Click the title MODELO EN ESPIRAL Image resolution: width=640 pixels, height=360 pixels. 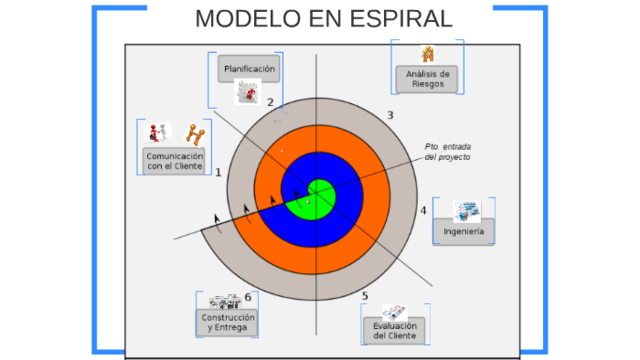tap(323, 19)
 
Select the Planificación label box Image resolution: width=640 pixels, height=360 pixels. tap(249, 68)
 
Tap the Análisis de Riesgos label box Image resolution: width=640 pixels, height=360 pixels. tap(427, 79)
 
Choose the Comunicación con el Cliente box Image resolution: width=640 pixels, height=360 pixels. tap(174, 162)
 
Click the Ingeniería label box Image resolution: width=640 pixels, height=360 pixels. tap(463, 232)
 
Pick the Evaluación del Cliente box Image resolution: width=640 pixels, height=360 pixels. tap(393, 330)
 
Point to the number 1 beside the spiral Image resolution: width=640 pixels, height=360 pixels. tap(218, 172)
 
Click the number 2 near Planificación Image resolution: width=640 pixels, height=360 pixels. tap(270, 102)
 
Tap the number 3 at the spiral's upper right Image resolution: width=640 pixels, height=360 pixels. tap(390, 115)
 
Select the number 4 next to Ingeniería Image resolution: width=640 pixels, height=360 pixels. tap(423, 210)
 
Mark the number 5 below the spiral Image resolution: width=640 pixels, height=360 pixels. tap(365, 296)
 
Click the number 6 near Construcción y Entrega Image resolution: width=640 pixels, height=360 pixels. tap(247, 297)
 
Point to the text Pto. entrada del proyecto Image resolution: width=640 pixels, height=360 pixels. tap(447, 152)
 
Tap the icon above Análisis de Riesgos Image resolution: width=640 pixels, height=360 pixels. tap(427, 54)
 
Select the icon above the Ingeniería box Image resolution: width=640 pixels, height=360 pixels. tap(466, 211)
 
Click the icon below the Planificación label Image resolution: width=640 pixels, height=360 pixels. tap(247, 93)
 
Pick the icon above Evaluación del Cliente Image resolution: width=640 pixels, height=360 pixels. tap(395, 310)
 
